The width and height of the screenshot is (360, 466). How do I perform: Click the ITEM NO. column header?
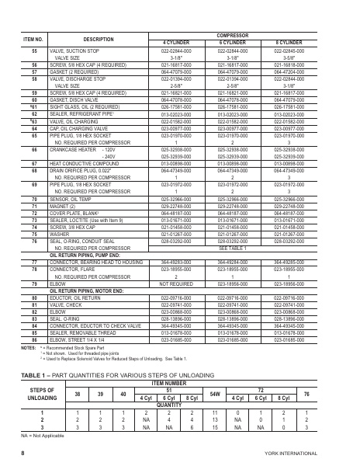click(x=34, y=38)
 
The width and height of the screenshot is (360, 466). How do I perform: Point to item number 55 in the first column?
click(x=34, y=48)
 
